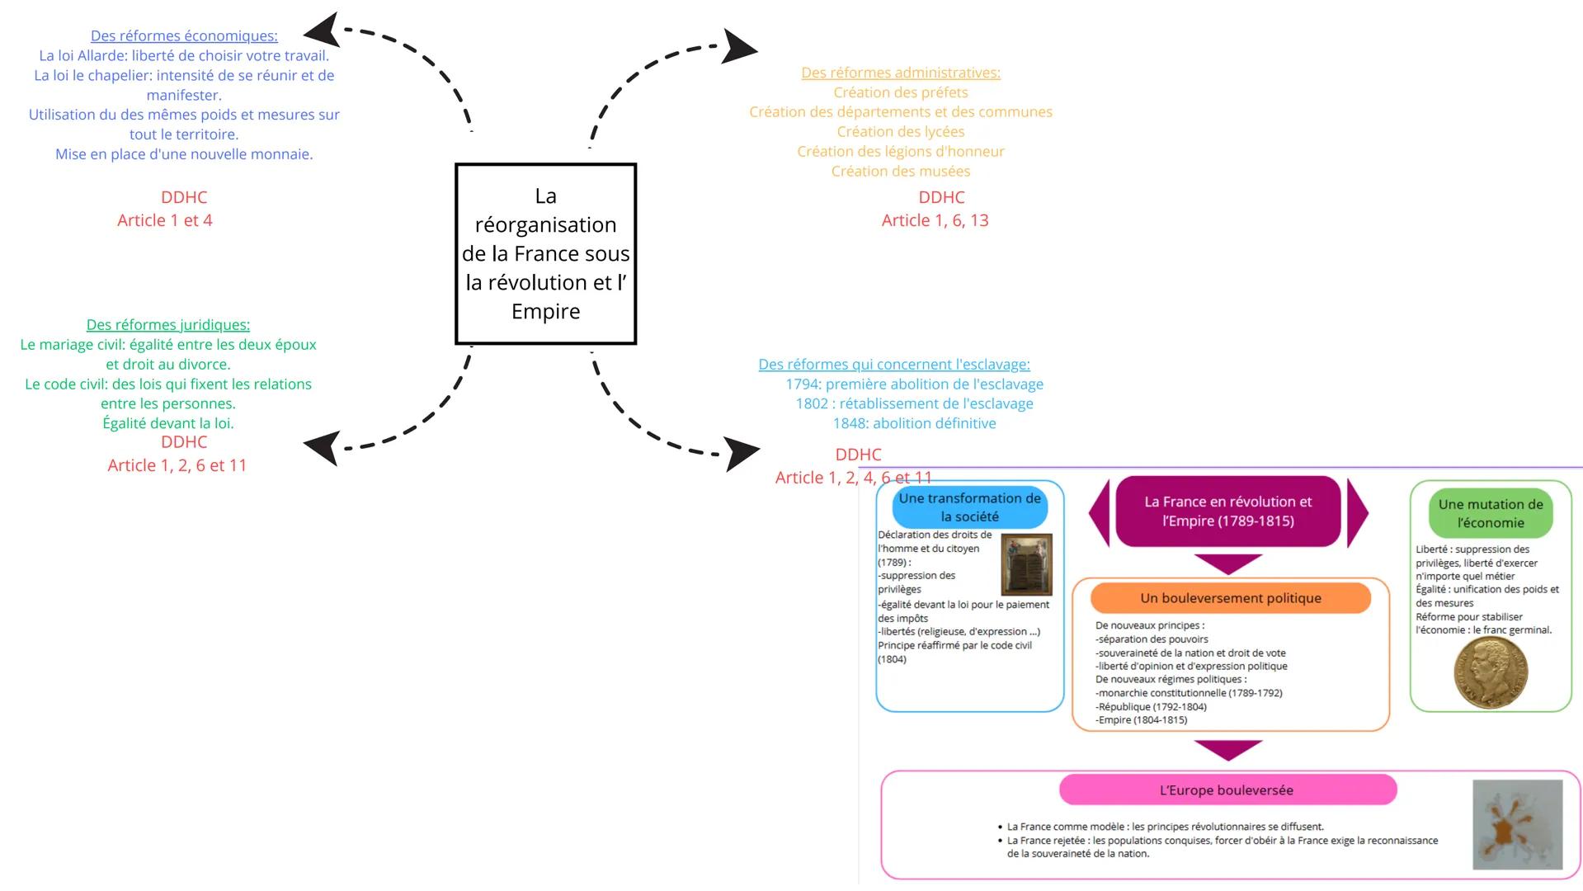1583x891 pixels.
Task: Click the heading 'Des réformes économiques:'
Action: (x=184, y=35)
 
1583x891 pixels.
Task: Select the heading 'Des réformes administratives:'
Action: (x=901, y=73)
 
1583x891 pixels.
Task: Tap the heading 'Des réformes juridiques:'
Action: (x=168, y=324)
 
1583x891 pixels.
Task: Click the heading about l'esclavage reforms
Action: (x=894, y=364)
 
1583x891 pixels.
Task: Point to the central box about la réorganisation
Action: (x=545, y=253)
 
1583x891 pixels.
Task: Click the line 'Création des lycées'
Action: (x=901, y=131)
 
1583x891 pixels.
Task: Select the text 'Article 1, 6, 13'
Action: (x=935, y=220)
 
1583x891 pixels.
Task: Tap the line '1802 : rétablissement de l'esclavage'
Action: (x=914, y=403)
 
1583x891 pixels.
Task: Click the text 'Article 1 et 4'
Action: (x=165, y=220)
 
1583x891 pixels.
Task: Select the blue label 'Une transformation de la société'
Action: (x=969, y=507)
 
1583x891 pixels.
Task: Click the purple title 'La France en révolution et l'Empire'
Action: (x=1227, y=511)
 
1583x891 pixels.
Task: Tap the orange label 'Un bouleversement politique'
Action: (x=1230, y=598)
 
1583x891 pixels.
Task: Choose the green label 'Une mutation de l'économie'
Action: (x=1490, y=513)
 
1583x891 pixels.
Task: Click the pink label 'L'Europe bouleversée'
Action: (x=1227, y=790)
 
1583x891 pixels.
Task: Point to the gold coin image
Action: (x=1490, y=672)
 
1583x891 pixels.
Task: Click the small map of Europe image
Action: (x=1517, y=824)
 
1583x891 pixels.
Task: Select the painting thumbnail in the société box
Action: (x=1026, y=564)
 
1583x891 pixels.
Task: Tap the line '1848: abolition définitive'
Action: (x=914, y=423)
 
